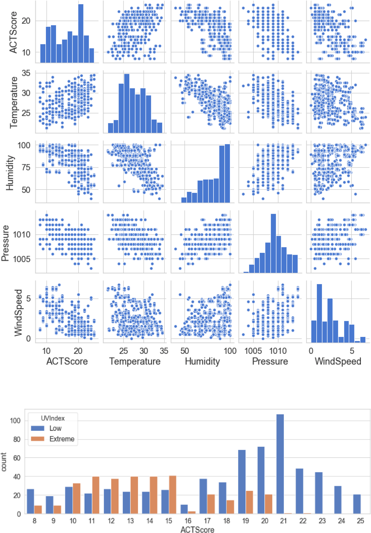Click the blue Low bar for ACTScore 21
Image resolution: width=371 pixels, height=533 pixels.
point(280,464)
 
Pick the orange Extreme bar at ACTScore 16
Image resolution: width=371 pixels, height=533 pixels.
point(192,512)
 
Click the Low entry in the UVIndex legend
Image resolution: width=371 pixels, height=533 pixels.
point(55,428)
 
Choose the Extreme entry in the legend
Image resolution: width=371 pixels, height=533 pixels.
point(62,439)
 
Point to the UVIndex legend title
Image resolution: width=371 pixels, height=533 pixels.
point(53,418)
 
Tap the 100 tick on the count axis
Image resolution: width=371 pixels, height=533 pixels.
point(15,421)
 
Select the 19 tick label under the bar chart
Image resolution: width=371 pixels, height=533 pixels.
point(245,521)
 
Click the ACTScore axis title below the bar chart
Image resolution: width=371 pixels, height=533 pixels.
point(197,530)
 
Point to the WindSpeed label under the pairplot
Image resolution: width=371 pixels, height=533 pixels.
point(338,361)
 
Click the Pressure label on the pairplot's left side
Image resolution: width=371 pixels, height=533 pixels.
point(5,243)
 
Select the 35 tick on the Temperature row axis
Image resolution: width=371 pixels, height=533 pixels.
point(26,73)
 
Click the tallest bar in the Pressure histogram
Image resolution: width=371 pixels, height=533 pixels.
point(273,243)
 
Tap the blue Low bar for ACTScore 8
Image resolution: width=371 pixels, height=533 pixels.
point(30,501)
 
